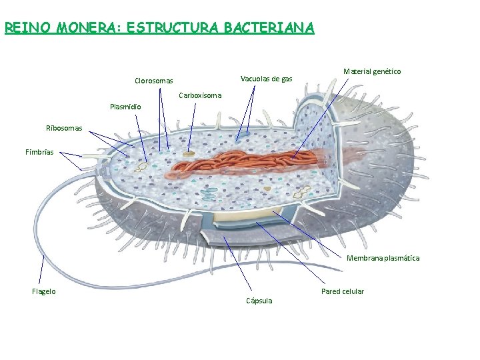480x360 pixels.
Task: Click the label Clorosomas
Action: coord(153,81)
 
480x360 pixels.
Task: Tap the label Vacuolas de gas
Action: coord(265,79)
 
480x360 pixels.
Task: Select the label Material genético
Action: coord(372,71)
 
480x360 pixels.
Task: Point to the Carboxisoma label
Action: coord(200,95)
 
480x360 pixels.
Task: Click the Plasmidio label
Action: coord(125,106)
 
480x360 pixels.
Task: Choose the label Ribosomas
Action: coord(64,128)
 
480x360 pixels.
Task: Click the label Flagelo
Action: coord(44,291)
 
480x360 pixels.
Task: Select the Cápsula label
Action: coord(259,301)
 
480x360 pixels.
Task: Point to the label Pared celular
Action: coord(343,291)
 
